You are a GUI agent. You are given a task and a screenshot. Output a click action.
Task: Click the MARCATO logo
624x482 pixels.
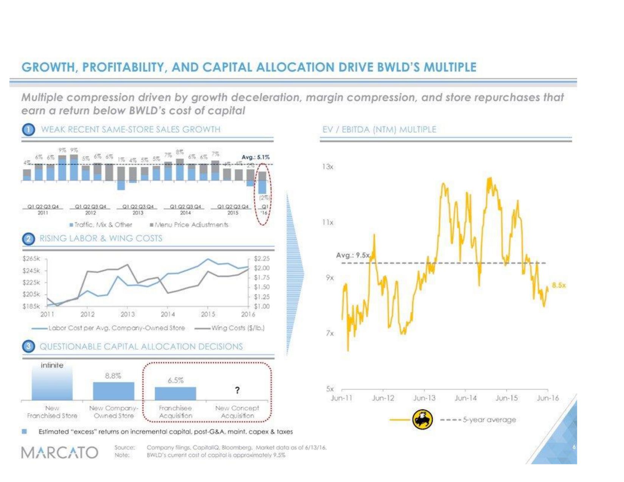[60, 453]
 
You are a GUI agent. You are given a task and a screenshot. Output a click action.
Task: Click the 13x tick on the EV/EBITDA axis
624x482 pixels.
[328, 167]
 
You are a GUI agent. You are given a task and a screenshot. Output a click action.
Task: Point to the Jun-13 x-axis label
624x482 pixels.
[424, 398]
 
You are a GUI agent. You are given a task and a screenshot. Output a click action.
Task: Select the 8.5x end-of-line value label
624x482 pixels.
[559, 285]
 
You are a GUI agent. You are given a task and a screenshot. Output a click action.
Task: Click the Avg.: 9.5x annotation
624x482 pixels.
[353, 255]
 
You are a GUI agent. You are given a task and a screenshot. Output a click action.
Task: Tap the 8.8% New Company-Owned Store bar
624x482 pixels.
[113, 391]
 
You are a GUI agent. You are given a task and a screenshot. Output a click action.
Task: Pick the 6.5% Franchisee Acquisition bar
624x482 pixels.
[175, 393]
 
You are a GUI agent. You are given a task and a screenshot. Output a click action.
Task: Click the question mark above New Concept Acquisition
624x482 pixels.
[237, 391]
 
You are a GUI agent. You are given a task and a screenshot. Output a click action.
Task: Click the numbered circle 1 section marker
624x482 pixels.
[28, 130]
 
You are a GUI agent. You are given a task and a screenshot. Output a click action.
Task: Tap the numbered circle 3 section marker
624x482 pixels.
[28, 346]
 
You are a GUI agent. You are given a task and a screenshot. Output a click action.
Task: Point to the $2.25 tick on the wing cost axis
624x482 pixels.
[262, 259]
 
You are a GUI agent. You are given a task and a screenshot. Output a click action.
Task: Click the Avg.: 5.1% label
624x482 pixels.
[255, 157]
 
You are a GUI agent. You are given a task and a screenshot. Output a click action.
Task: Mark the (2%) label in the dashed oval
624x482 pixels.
[264, 197]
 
